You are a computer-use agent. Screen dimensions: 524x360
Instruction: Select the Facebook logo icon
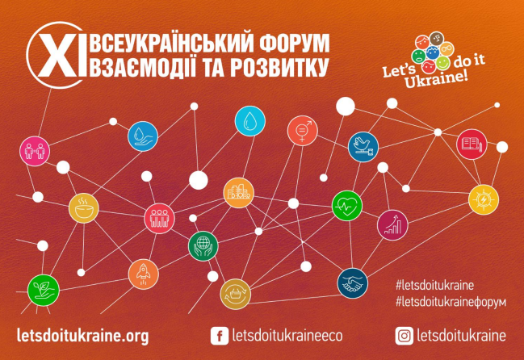tap(220, 336)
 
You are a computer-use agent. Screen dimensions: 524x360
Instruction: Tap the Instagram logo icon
tap(404, 336)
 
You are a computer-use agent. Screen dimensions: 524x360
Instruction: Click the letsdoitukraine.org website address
tap(82, 336)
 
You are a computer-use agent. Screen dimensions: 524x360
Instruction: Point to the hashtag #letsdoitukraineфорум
tap(451, 302)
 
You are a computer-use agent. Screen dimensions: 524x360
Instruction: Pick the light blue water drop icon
tap(250, 121)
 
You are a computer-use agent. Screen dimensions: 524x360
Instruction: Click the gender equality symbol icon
tap(303, 131)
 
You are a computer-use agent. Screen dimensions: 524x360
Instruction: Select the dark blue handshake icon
tap(353, 283)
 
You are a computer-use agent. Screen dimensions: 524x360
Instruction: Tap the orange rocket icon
tap(144, 274)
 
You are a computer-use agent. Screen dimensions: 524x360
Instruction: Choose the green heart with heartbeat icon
tap(347, 206)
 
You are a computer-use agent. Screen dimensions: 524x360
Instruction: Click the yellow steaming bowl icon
tap(83, 208)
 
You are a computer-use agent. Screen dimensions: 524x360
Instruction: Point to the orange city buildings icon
tap(239, 193)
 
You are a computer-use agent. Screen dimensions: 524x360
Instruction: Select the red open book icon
tap(472, 144)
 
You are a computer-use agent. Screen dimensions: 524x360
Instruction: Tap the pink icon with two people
tap(35, 151)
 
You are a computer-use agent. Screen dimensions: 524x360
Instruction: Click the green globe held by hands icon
tap(203, 246)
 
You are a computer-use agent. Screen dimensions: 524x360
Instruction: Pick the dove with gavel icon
tap(363, 147)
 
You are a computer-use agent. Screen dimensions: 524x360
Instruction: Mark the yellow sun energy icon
tap(484, 199)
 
